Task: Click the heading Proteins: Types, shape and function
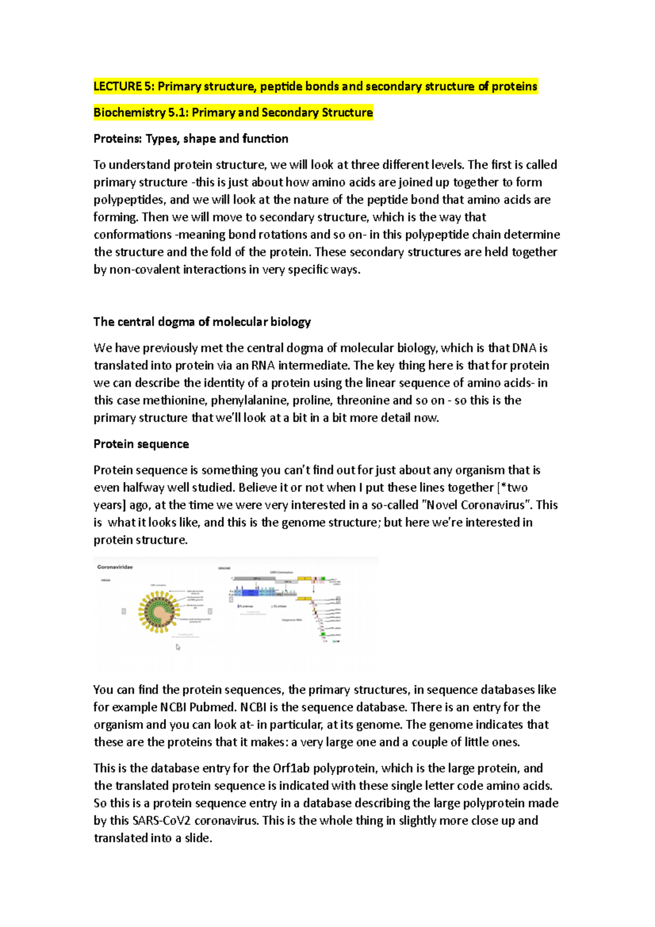190,139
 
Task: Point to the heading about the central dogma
202,322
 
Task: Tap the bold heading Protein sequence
141,444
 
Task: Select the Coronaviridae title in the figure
115,567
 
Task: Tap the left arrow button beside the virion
124,611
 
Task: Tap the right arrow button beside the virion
210,611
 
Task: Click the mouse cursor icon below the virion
178,647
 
